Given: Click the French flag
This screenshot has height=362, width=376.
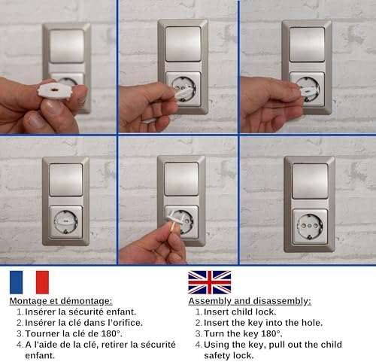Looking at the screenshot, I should (x=29, y=282).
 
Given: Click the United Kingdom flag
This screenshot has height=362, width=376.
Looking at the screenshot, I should (x=209, y=282).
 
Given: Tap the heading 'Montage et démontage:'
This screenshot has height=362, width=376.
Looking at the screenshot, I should (x=61, y=300).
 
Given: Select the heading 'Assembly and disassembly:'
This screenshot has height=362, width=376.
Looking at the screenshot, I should (x=249, y=300).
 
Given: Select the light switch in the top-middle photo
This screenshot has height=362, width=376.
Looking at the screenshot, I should (x=183, y=43).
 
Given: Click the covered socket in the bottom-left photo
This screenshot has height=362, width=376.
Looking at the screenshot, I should (x=65, y=221).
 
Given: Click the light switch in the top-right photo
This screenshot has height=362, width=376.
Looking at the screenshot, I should (x=306, y=44).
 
